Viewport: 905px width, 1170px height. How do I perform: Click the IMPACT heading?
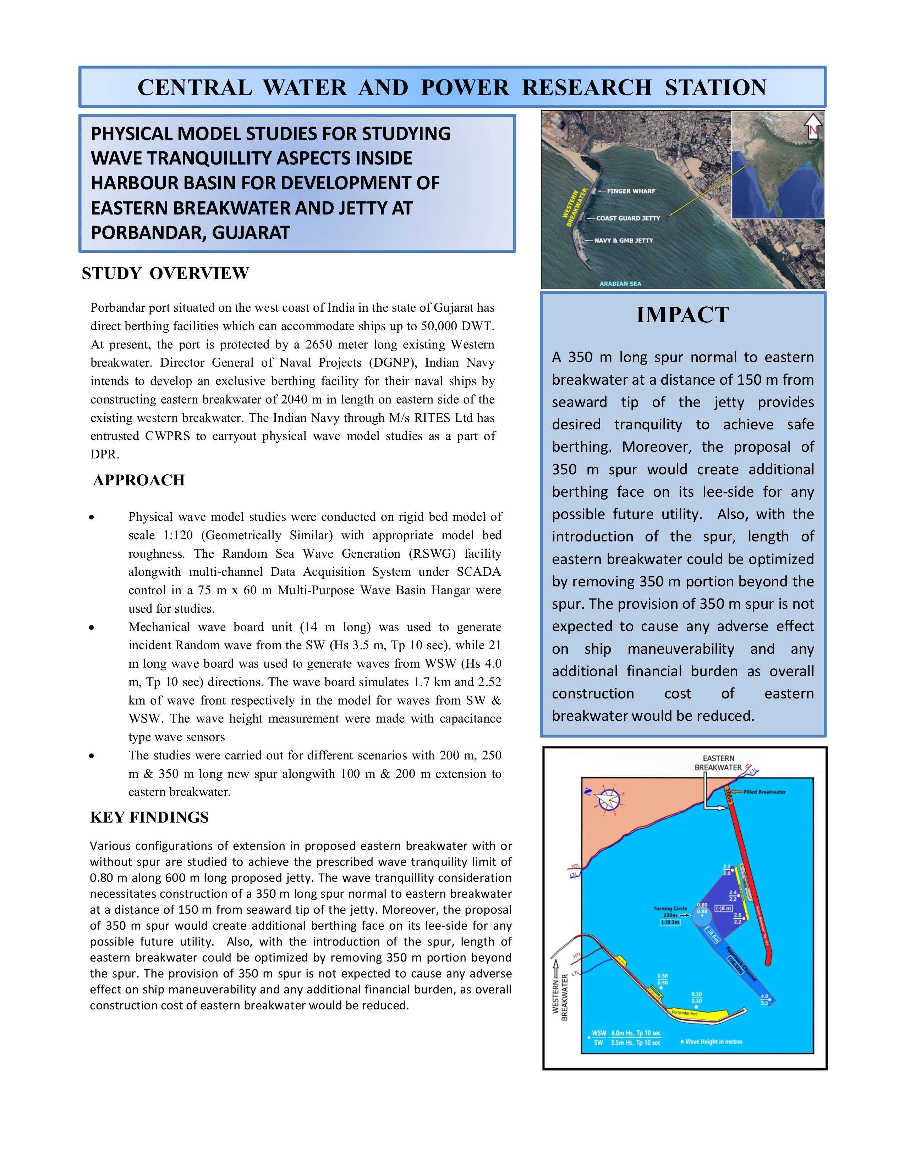pyautogui.click(x=682, y=315)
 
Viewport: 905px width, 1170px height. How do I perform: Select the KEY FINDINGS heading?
pyautogui.click(x=149, y=817)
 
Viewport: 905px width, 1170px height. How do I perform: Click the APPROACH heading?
pyautogui.click(x=139, y=480)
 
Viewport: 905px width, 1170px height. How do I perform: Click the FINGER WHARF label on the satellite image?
pyautogui.click(x=631, y=191)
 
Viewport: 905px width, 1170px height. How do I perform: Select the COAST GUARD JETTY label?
pyautogui.click(x=628, y=218)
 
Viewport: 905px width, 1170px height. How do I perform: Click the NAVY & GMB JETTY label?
pyautogui.click(x=624, y=240)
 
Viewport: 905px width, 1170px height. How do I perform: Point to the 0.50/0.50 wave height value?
pyautogui.click(x=663, y=979)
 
